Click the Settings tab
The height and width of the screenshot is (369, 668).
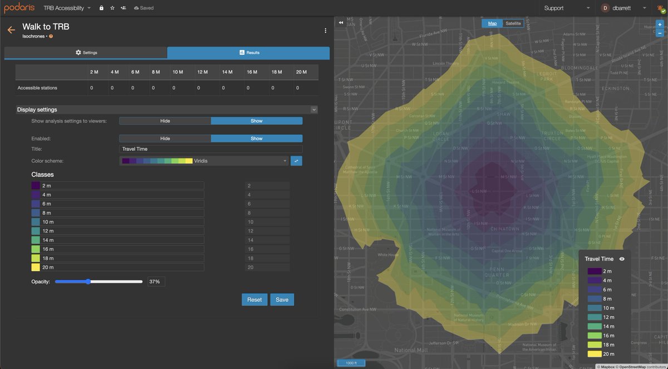(86, 52)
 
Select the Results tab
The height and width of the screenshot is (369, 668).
(248, 52)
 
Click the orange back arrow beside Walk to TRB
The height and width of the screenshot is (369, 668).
(11, 30)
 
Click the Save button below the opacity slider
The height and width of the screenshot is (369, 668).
(282, 299)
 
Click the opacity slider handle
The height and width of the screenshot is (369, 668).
(88, 281)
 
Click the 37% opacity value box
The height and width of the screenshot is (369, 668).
(156, 281)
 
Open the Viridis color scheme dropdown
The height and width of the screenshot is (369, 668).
(205, 161)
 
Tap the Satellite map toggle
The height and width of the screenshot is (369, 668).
(513, 23)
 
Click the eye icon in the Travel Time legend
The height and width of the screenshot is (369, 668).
(622, 259)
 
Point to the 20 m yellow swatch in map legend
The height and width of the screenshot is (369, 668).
(593, 353)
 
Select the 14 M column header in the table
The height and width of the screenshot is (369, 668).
(227, 72)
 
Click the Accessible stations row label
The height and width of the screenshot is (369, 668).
(37, 88)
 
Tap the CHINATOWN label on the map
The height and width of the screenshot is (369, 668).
(505, 229)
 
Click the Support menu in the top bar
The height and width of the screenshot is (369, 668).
(567, 8)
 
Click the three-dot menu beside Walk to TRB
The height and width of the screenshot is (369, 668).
(326, 31)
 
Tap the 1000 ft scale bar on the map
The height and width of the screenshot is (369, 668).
(351, 363)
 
